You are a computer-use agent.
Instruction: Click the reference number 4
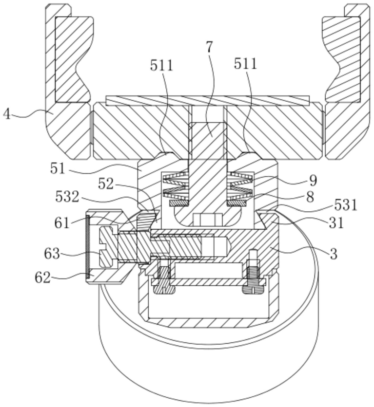click(x=7, y=114)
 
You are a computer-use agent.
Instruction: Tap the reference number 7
click(x=209, y=47)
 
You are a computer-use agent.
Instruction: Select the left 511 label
click(x=162, y=65)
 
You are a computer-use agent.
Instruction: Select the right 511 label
click(x=246, y=63)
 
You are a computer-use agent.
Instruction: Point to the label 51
click(x=58, y=168)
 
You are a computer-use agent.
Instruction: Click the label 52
click(x=106, y=185)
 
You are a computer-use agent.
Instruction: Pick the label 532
click(x=67, y=197)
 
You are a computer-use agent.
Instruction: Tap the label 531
click(x=346, y=205)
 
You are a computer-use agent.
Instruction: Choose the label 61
click(x=62, y=223)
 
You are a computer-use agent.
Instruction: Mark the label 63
click(x=52, y=254)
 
